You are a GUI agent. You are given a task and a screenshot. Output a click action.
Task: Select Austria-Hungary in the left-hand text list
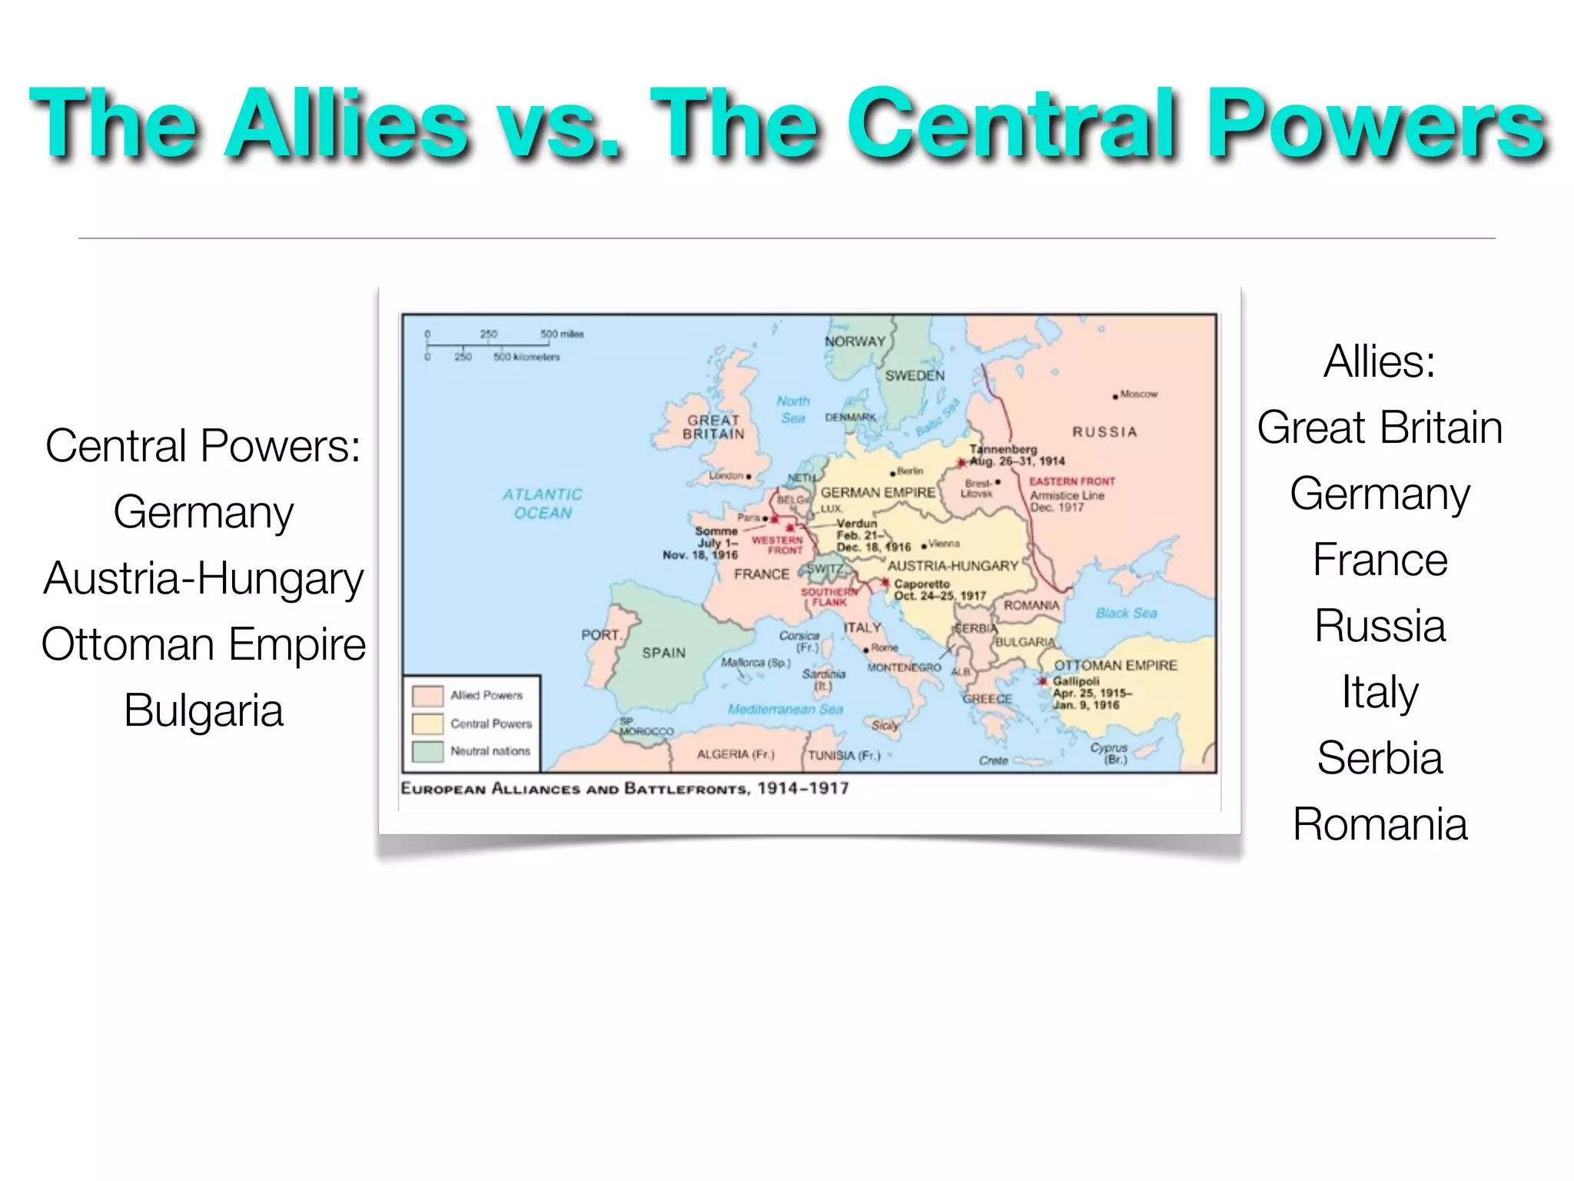[204, 578]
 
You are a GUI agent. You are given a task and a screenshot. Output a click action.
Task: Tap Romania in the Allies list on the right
[1380, 824]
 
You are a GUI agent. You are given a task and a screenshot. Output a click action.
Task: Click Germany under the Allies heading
[1380, 494]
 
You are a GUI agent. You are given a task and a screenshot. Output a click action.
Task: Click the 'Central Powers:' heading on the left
[204, 446]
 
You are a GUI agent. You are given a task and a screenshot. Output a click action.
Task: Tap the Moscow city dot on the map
[1115, 397]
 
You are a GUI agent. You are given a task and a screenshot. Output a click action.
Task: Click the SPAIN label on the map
[664, 653]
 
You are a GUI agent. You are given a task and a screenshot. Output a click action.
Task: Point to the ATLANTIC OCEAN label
[543, 504]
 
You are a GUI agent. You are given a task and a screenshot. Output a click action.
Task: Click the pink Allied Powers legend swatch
[427, 696]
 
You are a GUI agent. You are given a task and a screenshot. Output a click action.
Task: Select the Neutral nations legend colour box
[427, 751]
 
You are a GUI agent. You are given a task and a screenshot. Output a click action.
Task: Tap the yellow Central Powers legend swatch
[427, 724]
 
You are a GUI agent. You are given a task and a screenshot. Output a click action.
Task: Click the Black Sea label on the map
[1126, 613]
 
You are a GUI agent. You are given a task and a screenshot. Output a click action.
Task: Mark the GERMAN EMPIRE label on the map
[878, 492]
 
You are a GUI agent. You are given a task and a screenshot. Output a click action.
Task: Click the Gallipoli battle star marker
[1043, 681]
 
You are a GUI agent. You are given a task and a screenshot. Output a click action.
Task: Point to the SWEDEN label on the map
[915, 376]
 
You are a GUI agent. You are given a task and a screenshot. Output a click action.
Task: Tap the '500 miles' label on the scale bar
[562, 334]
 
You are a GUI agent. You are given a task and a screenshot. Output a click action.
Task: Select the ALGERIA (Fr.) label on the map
[736, 754]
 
